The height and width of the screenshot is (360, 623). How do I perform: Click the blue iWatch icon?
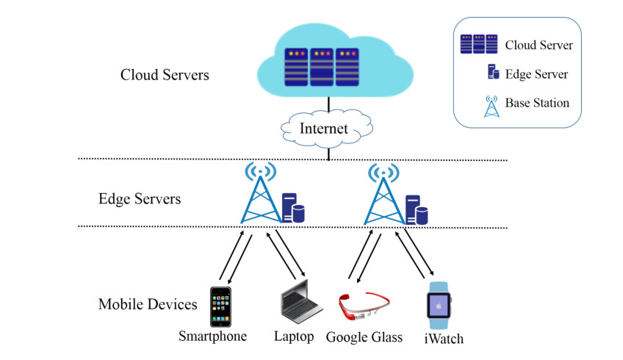pyautogui.click(x=439, y=306)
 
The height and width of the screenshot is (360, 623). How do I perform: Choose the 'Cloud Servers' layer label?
pyautogui.click(x=165, y=75)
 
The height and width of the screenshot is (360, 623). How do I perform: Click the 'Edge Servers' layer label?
pyautogui.click(x=140, y=198)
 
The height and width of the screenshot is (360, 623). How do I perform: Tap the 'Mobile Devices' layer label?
pyautogui.click(x=148, y=303)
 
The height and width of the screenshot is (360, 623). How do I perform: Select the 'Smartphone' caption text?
pyautogui.click(x=212, y=336)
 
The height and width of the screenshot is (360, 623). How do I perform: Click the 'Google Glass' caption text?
pyautogui.click(x=364, y=337)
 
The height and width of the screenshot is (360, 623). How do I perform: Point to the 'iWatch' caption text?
pyautogui.click(x=444, y=339)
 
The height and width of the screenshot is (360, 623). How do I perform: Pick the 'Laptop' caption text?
pyautogui.click(x=294, y=336)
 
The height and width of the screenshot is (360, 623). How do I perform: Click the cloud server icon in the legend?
pyautogui.click(x=478, y=44)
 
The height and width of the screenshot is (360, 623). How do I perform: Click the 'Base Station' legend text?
pyautogui.click(x=537, y=103)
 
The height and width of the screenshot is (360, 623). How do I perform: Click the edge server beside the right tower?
pyautogui.click(x=417, y=209)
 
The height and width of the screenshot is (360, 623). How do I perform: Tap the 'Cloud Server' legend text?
pyautogui.click(x=539, y=45)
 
